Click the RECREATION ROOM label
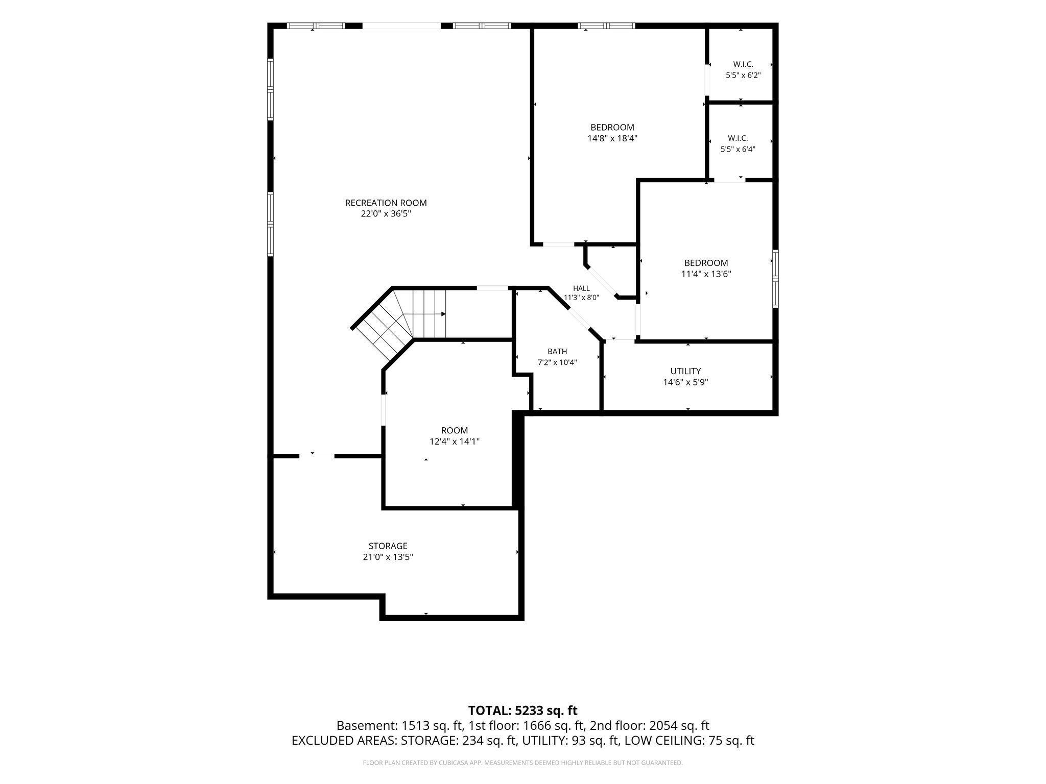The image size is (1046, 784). [x=386, y=203]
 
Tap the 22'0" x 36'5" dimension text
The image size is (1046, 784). [x=386, y=214]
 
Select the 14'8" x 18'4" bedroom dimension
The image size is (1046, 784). [x=612, y=138]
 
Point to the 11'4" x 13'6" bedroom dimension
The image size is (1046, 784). [x=706, y=274]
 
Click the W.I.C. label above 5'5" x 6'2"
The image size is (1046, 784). [x=743, y=64]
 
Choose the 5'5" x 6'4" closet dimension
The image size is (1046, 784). [x=738, y=150]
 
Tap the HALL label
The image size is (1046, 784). [x=581, y=288]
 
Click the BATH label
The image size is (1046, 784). [x=557, y=352]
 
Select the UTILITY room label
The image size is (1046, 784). [x=685, y=371]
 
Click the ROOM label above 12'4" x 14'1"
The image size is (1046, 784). [x=454, y=430]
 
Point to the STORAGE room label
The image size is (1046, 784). [x=388, y=546]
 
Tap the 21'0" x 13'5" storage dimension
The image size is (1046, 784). [x=388, y=557]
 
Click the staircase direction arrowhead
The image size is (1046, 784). [x=443, y=314]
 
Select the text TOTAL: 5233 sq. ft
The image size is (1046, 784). [x=522, y=710]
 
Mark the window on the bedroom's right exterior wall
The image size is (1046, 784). [x=775, y=279]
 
